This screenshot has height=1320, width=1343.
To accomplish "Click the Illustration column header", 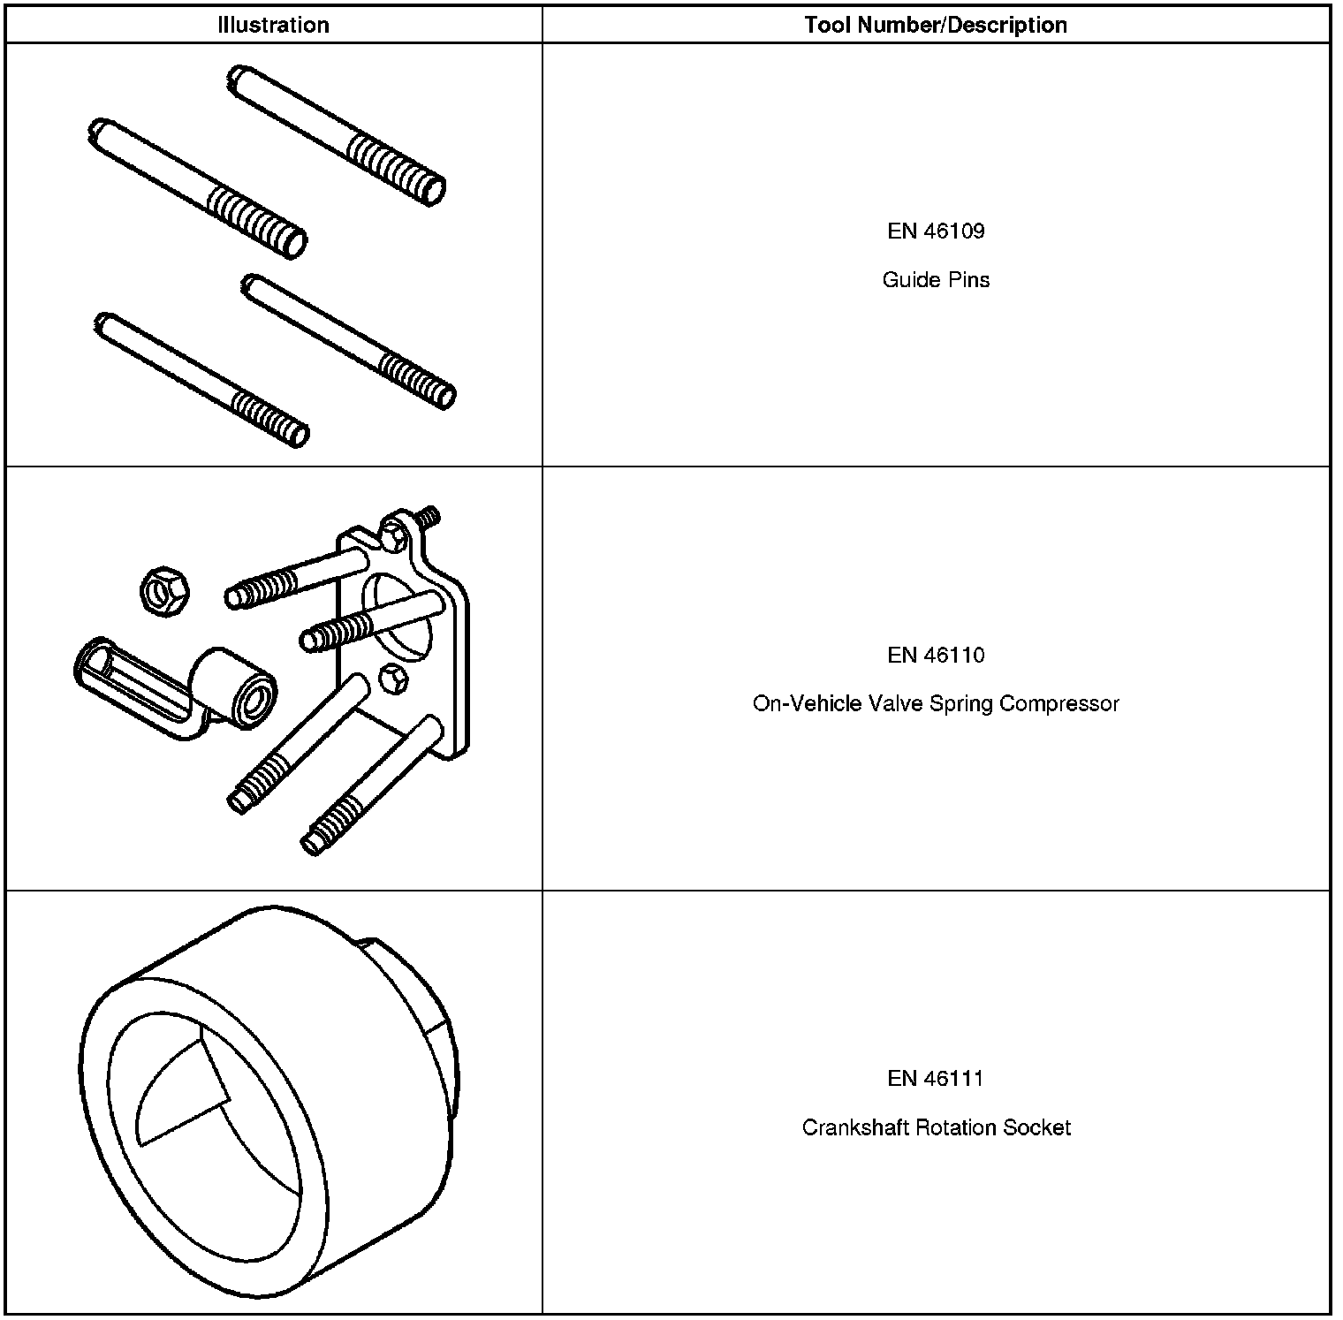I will [x=273, y=25].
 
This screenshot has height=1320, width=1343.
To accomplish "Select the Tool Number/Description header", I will [x=936, y=25].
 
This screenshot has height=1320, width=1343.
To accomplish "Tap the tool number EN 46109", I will [x=936, y=231].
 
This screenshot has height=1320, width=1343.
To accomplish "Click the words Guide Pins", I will [x=936, y=280].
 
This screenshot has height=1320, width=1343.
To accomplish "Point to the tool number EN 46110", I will [x=936, y=655].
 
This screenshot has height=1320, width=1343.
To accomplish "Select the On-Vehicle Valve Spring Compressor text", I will [x=936, y=704].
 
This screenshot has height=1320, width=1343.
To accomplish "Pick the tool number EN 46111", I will [x=936, y=1078].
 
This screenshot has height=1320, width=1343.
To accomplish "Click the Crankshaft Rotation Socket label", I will [x=936, y=1127].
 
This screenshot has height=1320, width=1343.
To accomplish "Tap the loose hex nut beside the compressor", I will [x=165, y=591].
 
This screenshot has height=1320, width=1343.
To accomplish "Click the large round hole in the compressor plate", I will [x=399, y=617].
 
